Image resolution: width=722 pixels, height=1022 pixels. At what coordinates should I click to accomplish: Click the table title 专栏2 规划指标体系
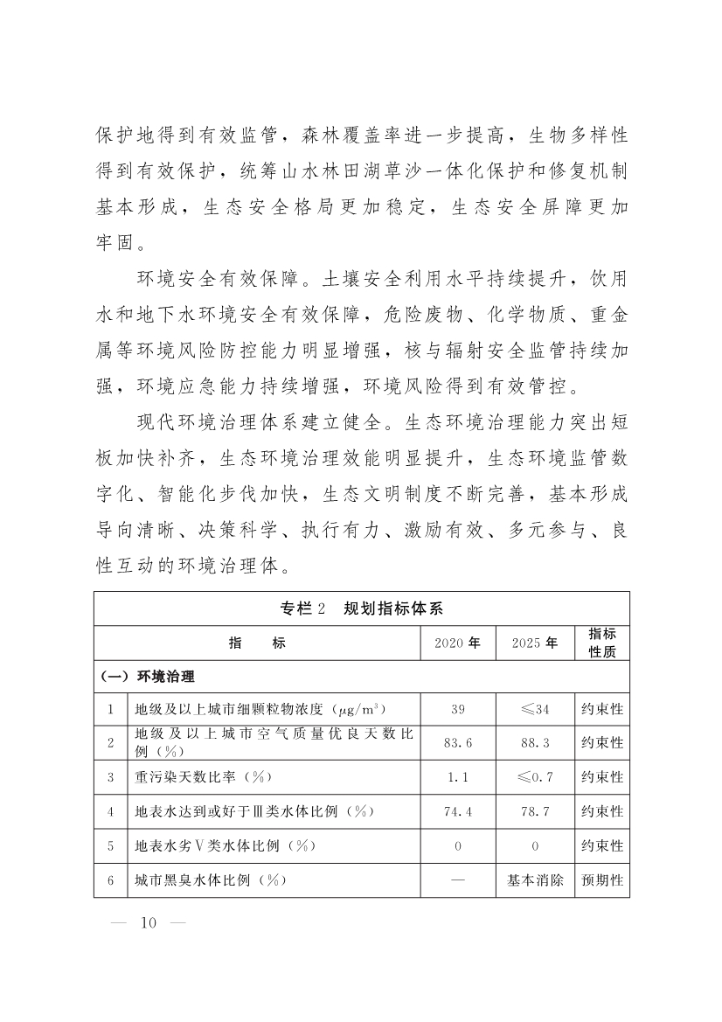[x=361, y=608]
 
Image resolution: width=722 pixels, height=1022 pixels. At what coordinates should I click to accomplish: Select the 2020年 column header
[x=458, y=643]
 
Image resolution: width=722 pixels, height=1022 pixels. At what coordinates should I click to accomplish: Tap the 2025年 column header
[x=535, y=643]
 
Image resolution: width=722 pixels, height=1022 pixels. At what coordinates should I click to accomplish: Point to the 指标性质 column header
[x=601, y=643]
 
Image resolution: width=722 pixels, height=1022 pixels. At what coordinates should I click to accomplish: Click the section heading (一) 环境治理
[x=147, y=677]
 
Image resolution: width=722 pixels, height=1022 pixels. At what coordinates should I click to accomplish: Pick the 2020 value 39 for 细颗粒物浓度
[x=458, y=709]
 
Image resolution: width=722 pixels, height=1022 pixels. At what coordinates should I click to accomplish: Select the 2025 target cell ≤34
[x=535, y=709]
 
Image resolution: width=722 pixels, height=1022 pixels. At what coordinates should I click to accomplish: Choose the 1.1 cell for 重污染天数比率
[x=458, y=776]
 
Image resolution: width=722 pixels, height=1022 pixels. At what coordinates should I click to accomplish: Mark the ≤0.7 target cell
[x=535, y=776]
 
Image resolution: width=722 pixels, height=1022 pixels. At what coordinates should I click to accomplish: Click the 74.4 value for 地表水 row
[x=458, y=811]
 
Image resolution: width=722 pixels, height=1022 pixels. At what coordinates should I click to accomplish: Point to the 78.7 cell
[x=535, y=811]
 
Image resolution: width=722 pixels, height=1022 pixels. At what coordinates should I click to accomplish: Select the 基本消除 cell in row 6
[x=535, y=879]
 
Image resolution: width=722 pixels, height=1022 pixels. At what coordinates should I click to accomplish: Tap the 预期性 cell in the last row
[x=601, y=879]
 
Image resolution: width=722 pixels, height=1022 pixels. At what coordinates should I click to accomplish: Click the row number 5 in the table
[x=111, y=845]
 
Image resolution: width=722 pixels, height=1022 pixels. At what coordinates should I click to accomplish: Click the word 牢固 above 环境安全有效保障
[x=116, y=240]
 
